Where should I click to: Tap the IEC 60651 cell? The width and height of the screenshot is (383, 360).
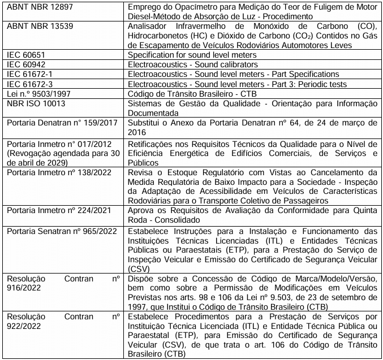pos(26,55)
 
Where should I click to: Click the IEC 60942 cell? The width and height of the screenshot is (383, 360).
pos(26,64)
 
